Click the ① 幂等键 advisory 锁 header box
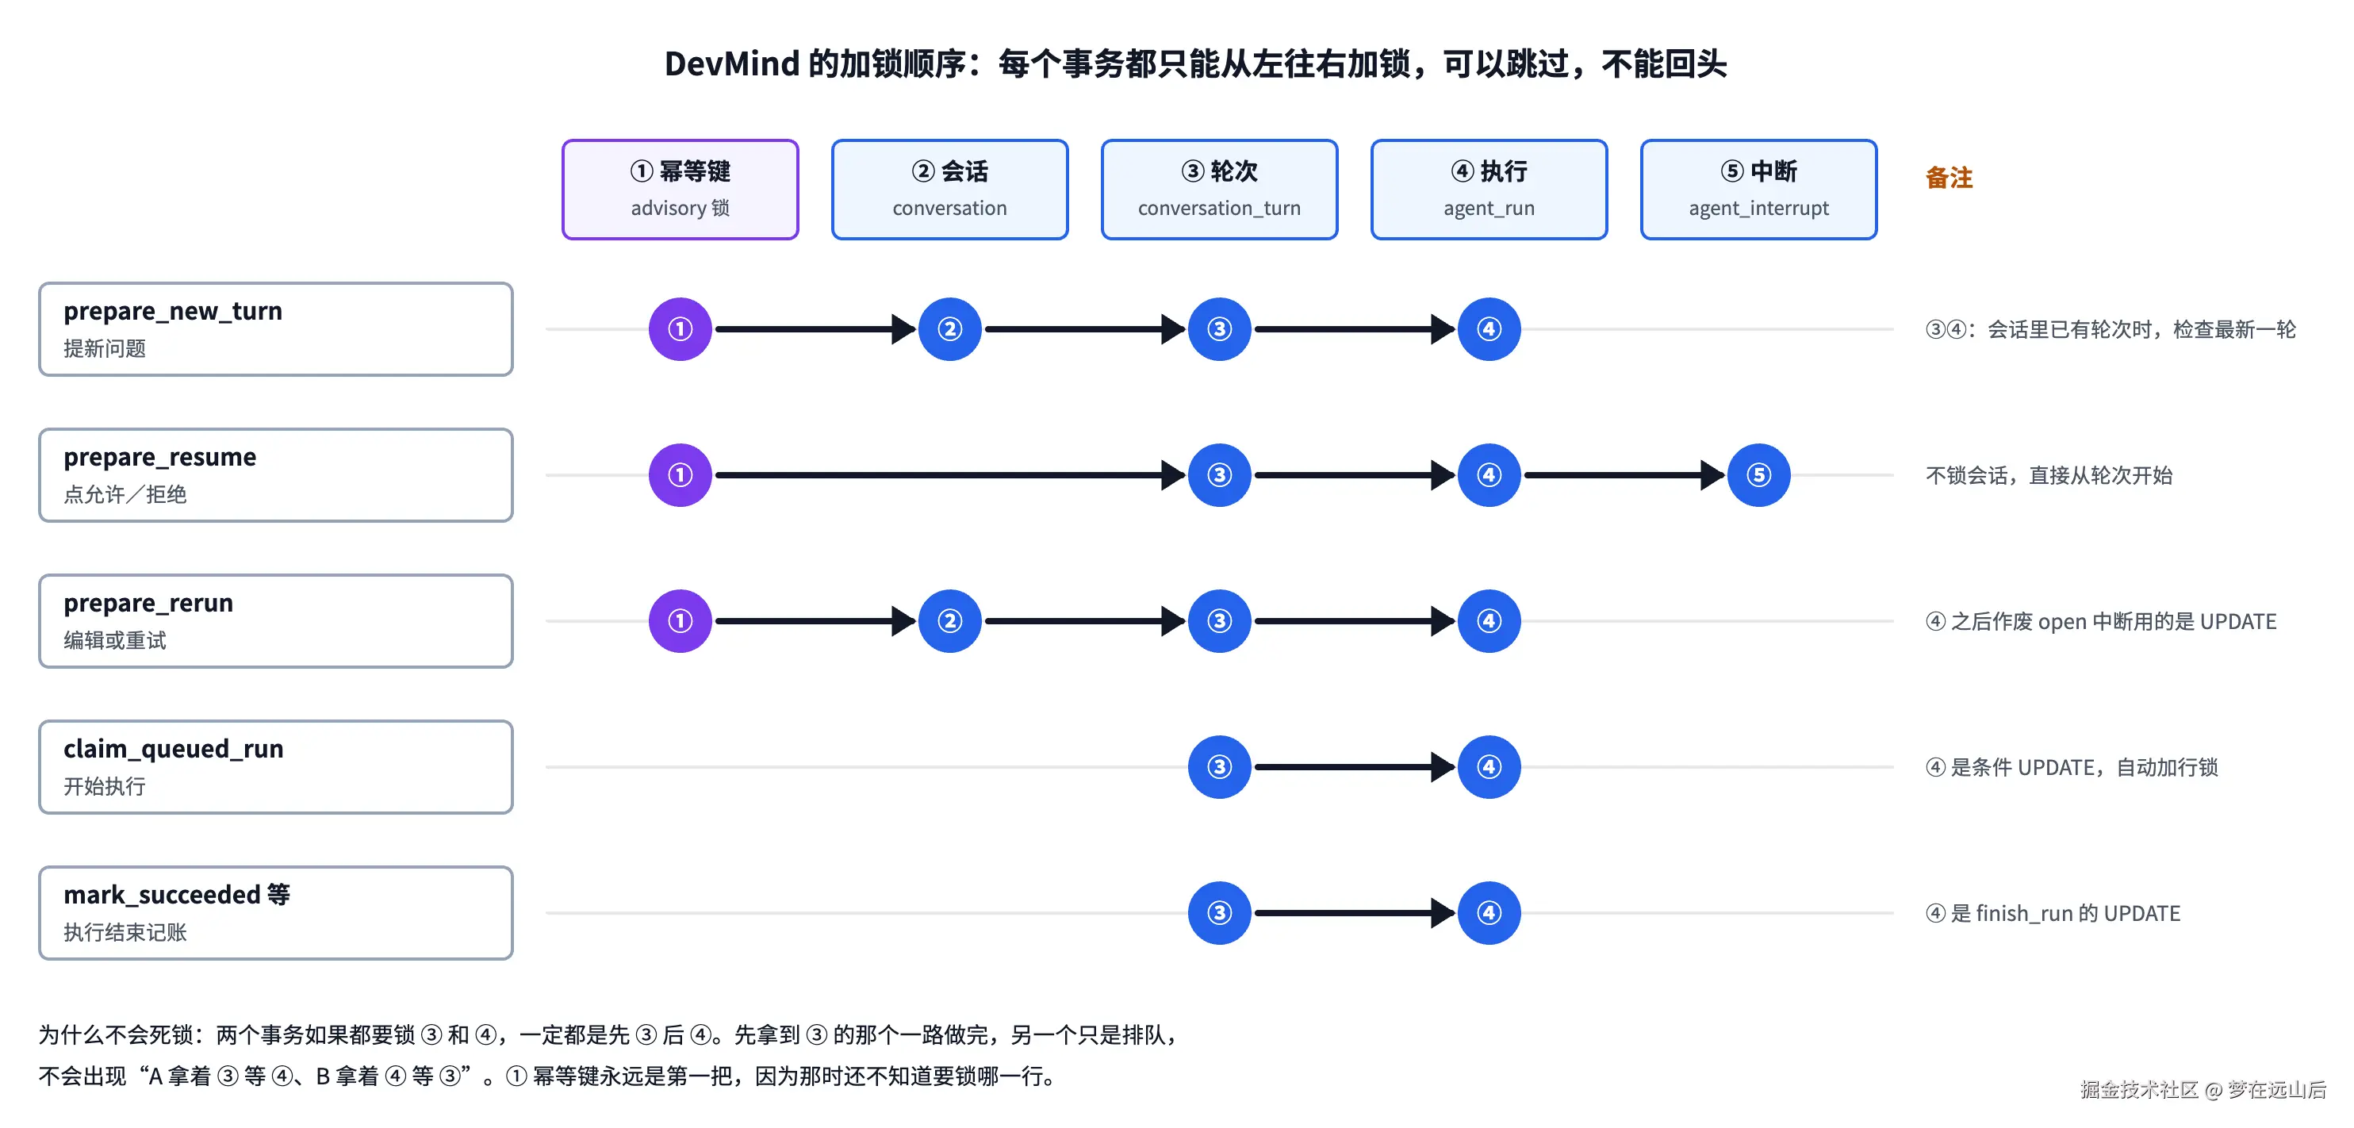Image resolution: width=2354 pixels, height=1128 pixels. point(680,190)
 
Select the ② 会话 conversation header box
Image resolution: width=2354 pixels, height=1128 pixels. point(949,190)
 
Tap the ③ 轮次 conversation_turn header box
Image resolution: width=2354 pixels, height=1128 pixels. point(1219,190)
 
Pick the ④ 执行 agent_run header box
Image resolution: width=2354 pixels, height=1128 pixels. point(1489,190)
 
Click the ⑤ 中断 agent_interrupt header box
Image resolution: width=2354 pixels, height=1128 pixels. point(1758,190)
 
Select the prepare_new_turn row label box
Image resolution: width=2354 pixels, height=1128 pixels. point(275,329)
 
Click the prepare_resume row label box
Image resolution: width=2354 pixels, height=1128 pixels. point(275,475)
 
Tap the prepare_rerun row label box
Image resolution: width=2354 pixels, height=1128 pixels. point(275,620)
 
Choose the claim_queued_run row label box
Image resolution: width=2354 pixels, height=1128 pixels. point(275,767)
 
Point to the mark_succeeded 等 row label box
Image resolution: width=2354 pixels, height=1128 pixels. point(275,913)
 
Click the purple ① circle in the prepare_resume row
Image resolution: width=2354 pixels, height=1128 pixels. point(680,475)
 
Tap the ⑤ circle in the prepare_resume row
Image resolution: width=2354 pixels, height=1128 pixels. point(1758,475)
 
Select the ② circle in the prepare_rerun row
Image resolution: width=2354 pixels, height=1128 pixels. point(949,620)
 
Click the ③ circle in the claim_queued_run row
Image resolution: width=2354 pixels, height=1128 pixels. point(1219,767)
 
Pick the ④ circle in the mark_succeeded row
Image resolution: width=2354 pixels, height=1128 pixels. point(1489,913)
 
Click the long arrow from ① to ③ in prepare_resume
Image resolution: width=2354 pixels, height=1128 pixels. point(949,475)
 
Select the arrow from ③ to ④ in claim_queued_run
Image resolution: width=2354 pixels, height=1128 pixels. point(1355,767)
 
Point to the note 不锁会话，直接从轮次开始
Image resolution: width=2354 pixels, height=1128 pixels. point(2049,475)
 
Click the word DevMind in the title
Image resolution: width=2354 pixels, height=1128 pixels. point(732,64)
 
